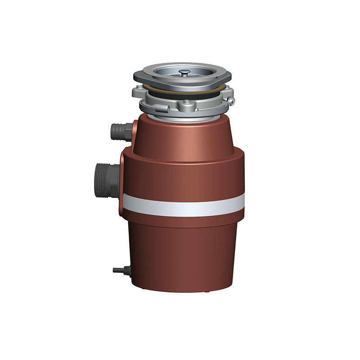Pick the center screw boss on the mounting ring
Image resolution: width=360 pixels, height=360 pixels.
point(185,106)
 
